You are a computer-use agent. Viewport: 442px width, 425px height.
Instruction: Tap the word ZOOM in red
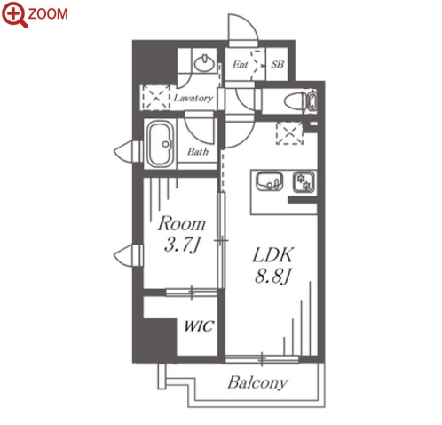[x=48, y=14]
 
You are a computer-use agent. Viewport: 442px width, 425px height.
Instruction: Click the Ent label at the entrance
[x=240, y=65]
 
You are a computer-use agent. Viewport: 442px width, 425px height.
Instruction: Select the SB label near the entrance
[x=277, y=64]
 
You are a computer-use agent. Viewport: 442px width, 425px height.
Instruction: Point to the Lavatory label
[x=193, y=98]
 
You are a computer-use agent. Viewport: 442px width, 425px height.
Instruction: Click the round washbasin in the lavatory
[x=204, y=63]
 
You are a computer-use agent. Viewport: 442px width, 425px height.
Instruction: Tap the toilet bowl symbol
[x=295, y=101]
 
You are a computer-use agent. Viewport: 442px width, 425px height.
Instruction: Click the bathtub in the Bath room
[x=161, y=144]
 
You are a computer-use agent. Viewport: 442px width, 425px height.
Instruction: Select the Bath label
[x=198, y=152]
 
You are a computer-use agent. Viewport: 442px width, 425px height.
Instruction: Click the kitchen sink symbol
[x=270, y=181]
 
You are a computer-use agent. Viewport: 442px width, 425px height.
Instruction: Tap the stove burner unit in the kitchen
[x=304, y=182]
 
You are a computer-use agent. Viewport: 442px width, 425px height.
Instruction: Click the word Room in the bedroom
[x=181, y=224]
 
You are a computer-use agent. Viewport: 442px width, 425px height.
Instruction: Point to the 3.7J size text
[x=182, y=245]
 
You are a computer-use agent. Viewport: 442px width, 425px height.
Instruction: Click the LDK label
[x=272, y=254]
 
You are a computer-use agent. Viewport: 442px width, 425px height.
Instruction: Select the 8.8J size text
[x=273, y=277]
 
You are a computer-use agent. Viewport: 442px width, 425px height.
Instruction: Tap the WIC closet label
[x=199, y=326]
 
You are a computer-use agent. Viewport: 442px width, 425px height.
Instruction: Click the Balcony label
[x=257, y=382]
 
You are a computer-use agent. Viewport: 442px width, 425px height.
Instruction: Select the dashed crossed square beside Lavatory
[x=154, y=97]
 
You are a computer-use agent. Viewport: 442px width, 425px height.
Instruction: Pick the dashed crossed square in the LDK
[x=289, y=133]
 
